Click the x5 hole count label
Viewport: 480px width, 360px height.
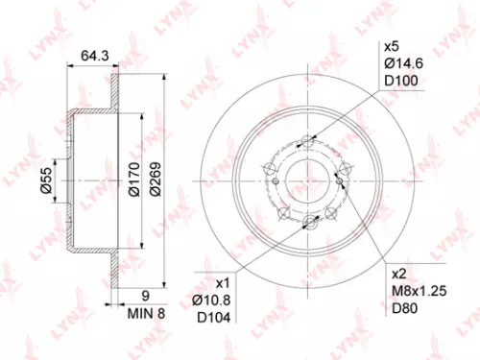tap(392, 46)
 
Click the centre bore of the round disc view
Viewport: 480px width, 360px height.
tap(308, 180)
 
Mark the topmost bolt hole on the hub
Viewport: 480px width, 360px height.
tap(307, 141)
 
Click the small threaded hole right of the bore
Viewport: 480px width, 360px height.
tap(341, 174)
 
